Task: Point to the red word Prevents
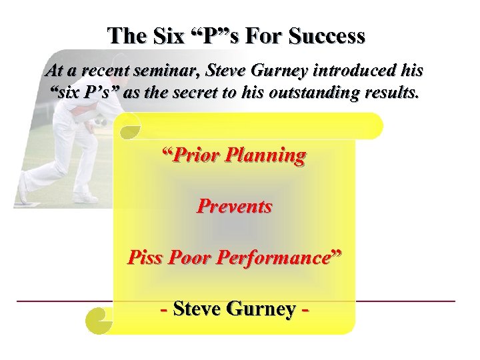tap(234, 207)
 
